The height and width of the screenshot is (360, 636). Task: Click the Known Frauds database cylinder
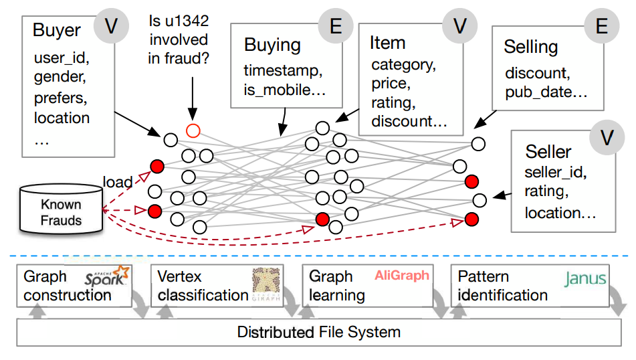61,209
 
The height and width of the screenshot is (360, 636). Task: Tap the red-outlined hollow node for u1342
193,130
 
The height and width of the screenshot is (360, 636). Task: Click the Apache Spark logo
107,276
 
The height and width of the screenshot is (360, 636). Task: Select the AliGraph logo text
401,276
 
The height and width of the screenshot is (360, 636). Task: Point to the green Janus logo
585,279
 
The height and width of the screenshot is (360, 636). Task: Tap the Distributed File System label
319,332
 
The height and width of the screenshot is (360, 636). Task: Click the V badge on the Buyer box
111,26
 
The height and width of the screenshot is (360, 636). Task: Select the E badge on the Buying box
336,26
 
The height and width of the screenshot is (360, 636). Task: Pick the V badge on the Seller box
607,137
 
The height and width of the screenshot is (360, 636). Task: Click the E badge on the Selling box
601,26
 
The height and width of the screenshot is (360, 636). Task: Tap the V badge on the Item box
459,26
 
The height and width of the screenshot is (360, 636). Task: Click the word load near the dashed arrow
118,182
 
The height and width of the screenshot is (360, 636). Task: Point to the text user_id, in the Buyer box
62,58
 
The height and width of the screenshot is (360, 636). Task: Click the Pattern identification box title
502,286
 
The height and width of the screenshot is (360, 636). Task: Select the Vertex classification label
203,286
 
